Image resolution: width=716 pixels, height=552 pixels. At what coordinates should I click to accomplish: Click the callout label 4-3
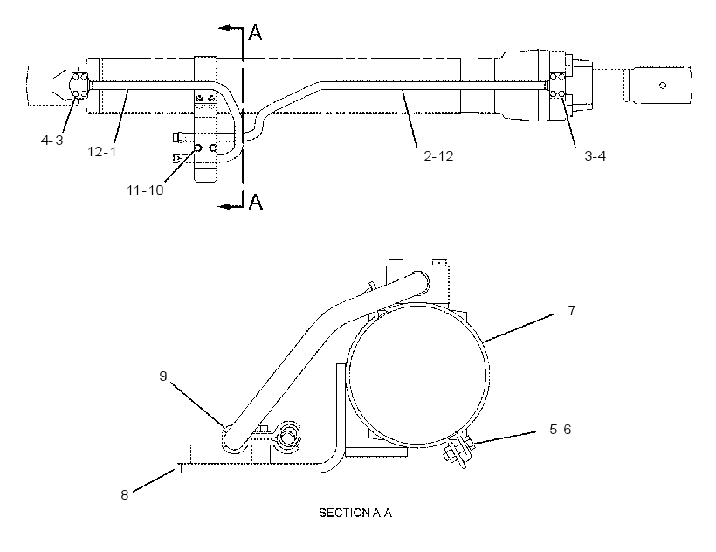pyautogui.click(x=52, y=140)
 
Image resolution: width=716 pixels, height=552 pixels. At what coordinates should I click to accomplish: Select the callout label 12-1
pyautogui.click(x=102, y=151)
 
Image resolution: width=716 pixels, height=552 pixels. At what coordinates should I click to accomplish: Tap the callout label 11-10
pyautogui.click(x=145, y=190)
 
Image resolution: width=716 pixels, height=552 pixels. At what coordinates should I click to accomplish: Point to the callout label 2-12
pyautogui.click(x=438, y=156)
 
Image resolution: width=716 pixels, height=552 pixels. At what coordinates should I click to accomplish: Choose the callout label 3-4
pyautogui.click(x=595, y=156)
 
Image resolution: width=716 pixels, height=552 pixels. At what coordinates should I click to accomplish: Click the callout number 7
pyautogui.click(x=572, y=310)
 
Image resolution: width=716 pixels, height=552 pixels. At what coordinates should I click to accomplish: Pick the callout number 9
pyautogui.click(x=163, y=376)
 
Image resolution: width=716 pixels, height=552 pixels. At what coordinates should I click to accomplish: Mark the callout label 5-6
pyautogui.click(x=561, y=429)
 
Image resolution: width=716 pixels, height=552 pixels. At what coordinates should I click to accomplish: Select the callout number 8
pyautogui.click(x=125, y=495)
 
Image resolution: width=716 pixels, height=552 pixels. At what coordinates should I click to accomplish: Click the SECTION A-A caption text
pyautogui.click(x=355, y=513)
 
